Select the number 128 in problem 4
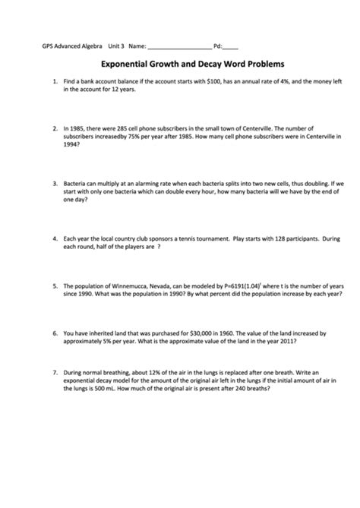pos(261,238)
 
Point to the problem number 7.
pos(55,374)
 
